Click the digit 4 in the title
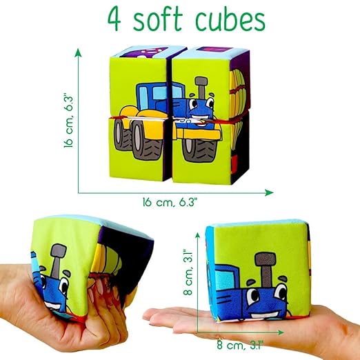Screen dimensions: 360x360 pos(114,20)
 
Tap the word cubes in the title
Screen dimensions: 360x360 pos(230,19)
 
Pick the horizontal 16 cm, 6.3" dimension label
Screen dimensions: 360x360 pos(170,203)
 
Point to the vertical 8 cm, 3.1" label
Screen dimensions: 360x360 pos(188,272)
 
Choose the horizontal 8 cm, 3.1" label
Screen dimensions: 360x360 pos(240,345)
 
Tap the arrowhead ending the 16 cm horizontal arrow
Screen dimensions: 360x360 pos(269,192)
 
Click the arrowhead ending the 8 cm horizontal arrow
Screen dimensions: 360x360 pos(280,332)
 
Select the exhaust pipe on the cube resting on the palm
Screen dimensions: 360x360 pos(266,268)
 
